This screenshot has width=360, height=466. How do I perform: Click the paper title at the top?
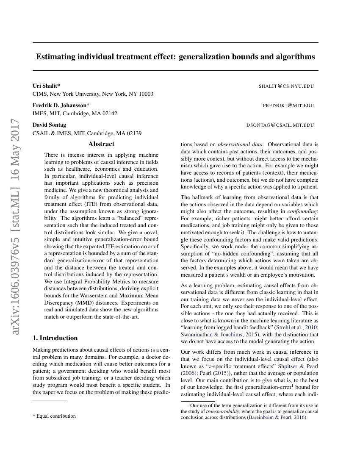click(x=175, y=56)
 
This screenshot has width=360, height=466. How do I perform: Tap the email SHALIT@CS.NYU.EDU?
click(x=286, y=86)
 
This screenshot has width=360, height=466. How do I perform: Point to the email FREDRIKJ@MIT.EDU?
click(x=288, y=105)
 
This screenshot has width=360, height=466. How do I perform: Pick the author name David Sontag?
click(x=49, y=125)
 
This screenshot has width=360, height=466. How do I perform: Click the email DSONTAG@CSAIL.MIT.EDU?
click(x=280, y=125)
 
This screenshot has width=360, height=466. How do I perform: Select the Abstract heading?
click(x=101, y=144)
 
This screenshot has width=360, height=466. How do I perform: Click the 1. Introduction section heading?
click(x=55, y=338)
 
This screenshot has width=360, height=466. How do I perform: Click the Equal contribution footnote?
click(x=54, y=416)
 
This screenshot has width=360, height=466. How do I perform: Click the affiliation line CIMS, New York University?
click(x=93, y=94)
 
